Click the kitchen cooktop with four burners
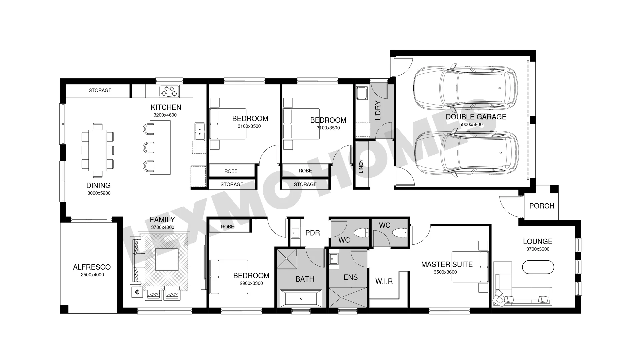(169, 91)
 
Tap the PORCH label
(542, 206)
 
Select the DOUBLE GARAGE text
(476, 117)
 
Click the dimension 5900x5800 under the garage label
(471, 125)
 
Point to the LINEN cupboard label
(361, 166)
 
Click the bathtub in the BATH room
(301, 298)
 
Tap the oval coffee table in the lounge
(538, 267)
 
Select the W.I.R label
(384, 281)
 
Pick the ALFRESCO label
(92, 267)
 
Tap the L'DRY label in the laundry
(378, 111)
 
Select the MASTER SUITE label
(447, 264)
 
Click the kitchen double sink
(200, 131)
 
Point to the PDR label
(313, 233)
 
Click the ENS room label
(351, 277)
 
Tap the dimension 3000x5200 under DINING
(99, 193)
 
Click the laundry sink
(362, 93)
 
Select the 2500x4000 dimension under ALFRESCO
(92, 275)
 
